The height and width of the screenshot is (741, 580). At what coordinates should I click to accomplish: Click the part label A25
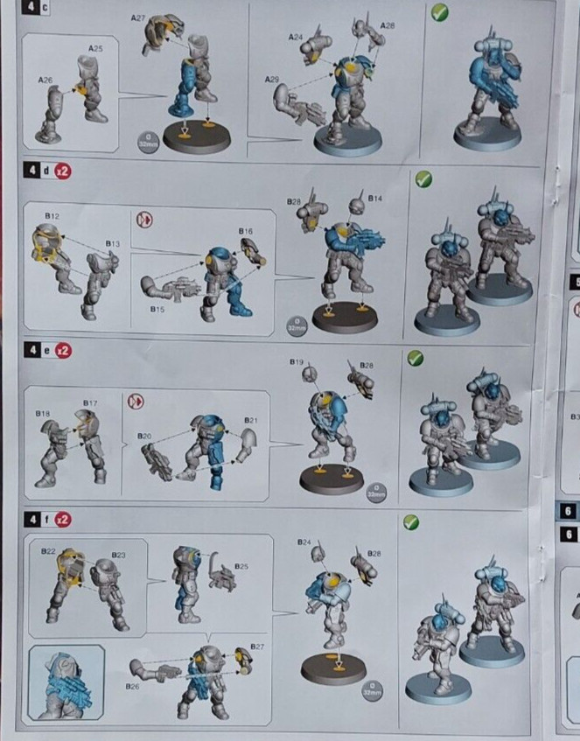pyautogui.click(x=94, y=48)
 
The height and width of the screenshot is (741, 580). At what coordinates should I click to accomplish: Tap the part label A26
pyautogui.click(x=45, y=80)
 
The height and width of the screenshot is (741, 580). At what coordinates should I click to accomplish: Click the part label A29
pyautogui.click(x=272, y=80)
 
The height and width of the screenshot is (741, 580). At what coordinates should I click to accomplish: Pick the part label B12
pyautogui.click(x=52, y=214)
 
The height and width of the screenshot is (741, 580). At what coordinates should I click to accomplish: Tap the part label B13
pyautogui.click(x=112, y=243)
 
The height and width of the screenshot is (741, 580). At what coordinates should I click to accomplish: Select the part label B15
pyautogui.click(x=157, y=309)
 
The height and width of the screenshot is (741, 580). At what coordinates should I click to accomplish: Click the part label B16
pyautogui.click(x=246, y=231)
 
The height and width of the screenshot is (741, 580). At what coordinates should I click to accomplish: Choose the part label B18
pyautogui.click(x=42, y=412)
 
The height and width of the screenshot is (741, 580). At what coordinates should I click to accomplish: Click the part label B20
pyautogui.click(x=144, y=435)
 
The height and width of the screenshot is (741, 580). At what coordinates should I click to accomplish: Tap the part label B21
pyautogui.click(x=251, y=421)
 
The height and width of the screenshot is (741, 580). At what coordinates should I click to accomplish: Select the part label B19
pyautogui.click(x=296, y=362)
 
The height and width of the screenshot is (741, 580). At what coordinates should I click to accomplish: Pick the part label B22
pyautogui.click(x=49, y=550)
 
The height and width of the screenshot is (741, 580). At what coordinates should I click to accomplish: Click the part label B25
pyautogui.click(x=241, y=567)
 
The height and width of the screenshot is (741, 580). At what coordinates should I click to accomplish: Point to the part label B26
pyautogui.click(x=133, y=687)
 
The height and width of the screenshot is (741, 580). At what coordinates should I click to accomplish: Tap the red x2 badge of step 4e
pyautogui.click(x=64, y=350)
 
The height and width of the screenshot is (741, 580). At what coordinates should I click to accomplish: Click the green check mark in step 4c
pyautogui.click(x=440, y=12)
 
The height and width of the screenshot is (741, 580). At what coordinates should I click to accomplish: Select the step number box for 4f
pyautogui.click(x=31, y=520)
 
